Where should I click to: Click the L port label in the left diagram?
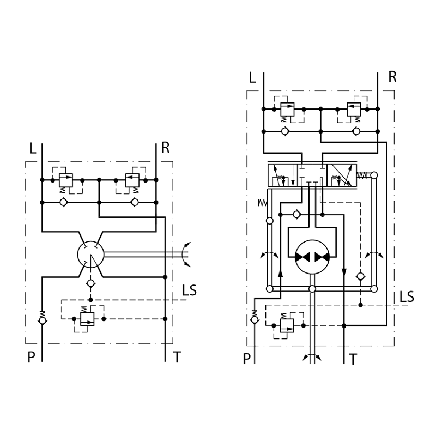[33, 148]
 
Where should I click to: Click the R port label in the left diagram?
[166, 148]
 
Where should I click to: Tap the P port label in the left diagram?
[32, 357]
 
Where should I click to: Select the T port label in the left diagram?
[177, 357]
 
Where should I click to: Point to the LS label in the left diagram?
[189, 290]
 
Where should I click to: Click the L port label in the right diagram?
[252, 78]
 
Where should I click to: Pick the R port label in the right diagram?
[392, 77]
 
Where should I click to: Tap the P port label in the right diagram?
[247, 359]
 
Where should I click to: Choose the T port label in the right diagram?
[353, 359]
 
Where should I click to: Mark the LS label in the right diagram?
[407, 296]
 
